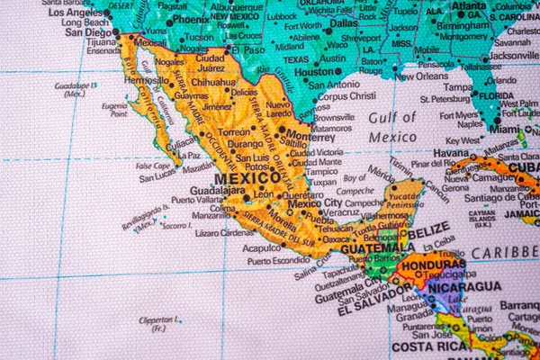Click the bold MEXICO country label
pos(247,178)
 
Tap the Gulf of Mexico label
pos(392,127)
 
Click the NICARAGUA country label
pos(464,286)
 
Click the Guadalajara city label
pos(217,190)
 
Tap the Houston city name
pos(315,71)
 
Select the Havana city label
pos(451,153)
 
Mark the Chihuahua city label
pos(213,82)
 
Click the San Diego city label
pos(87,31)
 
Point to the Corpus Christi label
pos(346,95)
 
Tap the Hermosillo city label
pos(146,80)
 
